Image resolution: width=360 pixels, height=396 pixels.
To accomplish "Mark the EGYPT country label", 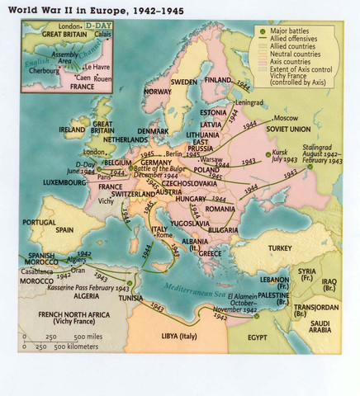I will click(x=256, y=337).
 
